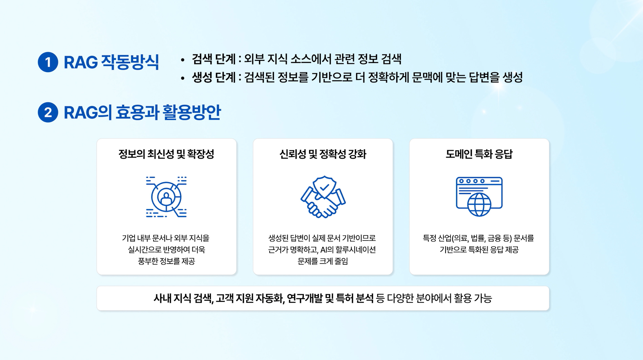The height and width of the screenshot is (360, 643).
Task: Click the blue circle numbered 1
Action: click(x=48, y=62)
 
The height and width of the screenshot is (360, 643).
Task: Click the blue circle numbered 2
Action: click(x=48, y=112)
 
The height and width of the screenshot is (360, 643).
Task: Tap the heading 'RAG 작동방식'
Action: click(x=111, y=62)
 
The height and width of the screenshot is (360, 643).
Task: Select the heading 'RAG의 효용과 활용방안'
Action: click(x=142, y=112)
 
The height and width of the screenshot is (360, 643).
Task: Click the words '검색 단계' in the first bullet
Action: click(x=213, y=59)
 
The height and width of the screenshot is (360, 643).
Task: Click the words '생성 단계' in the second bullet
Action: click(x=213, y=77)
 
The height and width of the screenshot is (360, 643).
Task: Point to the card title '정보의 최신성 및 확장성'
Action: click(x=166, y=154)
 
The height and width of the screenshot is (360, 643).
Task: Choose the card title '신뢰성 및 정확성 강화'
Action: click(x=323, y=154)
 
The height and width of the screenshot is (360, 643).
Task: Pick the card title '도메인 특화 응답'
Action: click(x=479, y=154)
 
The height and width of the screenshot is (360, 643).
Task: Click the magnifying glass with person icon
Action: click(x=166, y=197)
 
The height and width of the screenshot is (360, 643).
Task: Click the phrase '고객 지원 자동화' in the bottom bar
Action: click(x=250, y=298)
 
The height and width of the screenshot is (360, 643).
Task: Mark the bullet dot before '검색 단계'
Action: click(x=183, y=60)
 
